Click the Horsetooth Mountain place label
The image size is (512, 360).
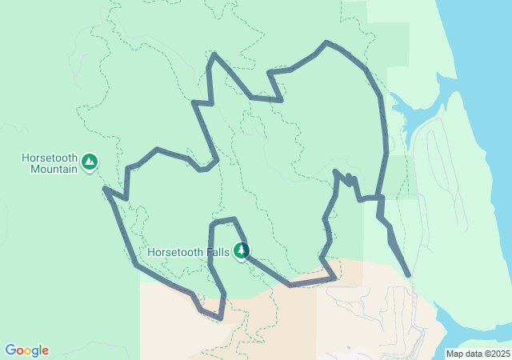(50, 163)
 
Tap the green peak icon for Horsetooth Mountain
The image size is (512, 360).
(90, 163)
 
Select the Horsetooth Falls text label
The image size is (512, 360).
(189, 252)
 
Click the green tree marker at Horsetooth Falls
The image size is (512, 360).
(240, 251)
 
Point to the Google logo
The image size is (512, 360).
(26, 350)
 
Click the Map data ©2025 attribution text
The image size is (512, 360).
(477, 354)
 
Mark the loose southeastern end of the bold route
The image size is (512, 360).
(409, 275)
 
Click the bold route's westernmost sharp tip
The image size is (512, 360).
(105, 189)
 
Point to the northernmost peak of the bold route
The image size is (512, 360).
(326, 42)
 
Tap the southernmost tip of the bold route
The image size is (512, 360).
(219, 318)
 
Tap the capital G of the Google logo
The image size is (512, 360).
(10, 350)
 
